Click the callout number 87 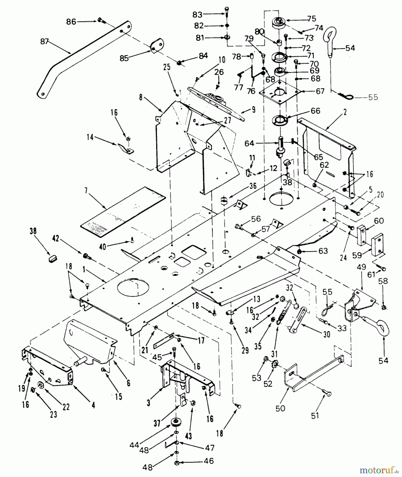coord(45,42)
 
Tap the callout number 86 coord(71,21)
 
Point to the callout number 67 coord(320,91)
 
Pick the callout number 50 coord(280,408)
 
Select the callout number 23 coord(53,414)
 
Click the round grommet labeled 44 coord(175,422)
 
